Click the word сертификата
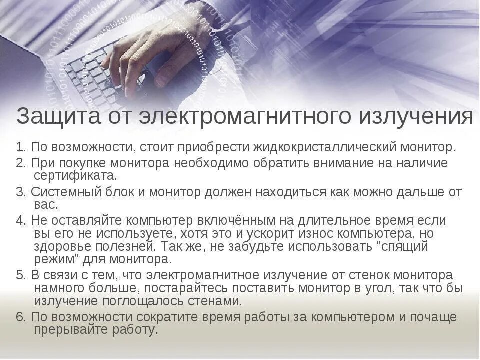(75, 175)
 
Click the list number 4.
(20, 221)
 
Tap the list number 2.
(20, 163)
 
